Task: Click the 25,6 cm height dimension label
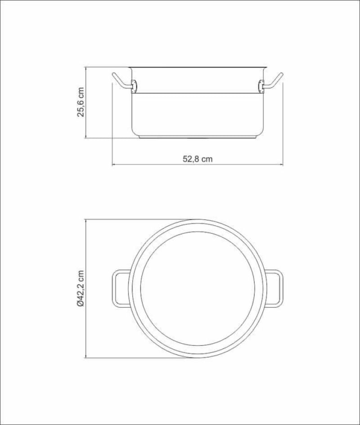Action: [x=81, y=102]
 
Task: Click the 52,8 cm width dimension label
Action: [x=198, y=159]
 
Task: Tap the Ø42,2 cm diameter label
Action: [x=81, y=288]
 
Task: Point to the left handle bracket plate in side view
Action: [x=134, y=86]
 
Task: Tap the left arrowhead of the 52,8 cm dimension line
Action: [x=114, y=164]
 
